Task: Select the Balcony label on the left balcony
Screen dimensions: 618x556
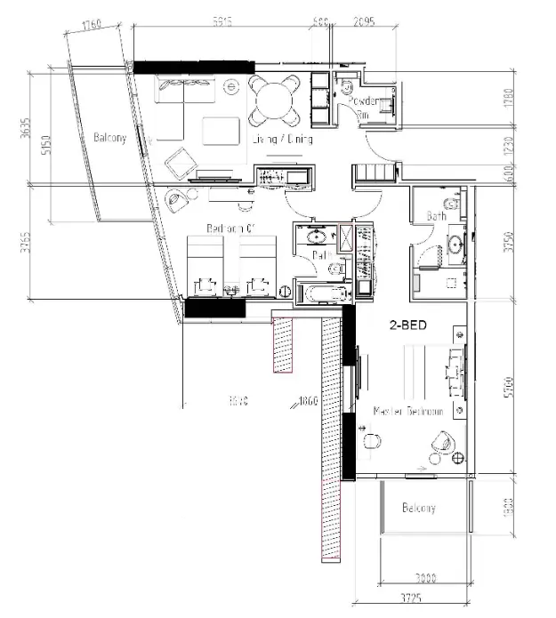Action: (x=110, y=138)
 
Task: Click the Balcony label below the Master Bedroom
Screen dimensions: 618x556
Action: (x=418, y=509)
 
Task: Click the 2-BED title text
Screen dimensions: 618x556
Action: (x=407, y=325)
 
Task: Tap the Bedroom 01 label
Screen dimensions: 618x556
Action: (x=231, y=229)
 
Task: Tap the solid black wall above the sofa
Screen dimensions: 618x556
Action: (x=194, y=67)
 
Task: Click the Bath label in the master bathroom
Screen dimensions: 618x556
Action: (x=436, y=216)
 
